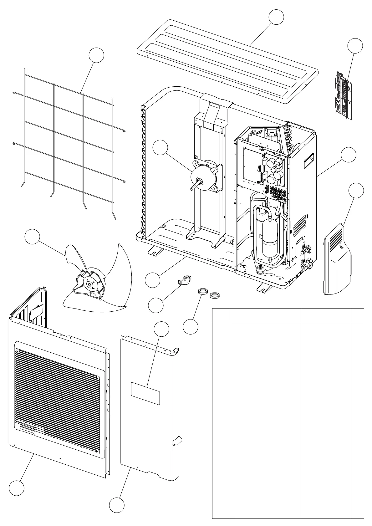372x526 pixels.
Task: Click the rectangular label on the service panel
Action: pos(145,393)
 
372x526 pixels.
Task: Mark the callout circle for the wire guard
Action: pos(96,55)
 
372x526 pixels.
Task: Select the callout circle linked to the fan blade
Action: pos(32,237)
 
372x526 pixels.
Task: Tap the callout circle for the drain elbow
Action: pos(156,305)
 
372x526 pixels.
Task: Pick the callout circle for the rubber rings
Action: pos(191,326)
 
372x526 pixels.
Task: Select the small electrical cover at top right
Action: pos(343,95)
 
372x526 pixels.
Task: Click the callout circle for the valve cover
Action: pos(356,191)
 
